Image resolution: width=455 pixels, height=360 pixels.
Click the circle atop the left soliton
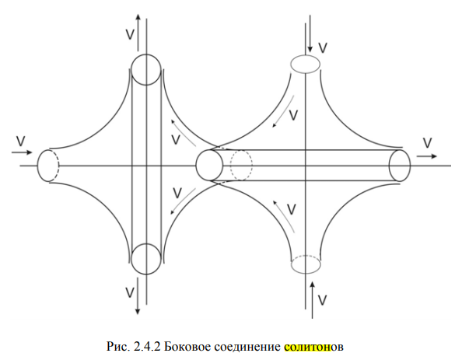tap(146, 55)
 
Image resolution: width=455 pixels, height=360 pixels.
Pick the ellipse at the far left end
tap(38, 166)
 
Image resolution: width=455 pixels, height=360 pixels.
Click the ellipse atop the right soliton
tap(306, 55)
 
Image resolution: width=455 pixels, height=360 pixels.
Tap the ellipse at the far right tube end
tap(389, 166)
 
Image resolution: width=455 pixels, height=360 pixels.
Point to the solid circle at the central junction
tap(197, 166)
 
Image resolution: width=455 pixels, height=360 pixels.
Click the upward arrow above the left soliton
tap(138, 32)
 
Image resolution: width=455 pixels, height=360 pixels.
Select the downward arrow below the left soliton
tap(138, 296)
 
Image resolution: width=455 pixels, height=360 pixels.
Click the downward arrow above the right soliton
tap(310, 33)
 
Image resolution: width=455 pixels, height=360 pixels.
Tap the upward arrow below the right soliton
tap(312, 300)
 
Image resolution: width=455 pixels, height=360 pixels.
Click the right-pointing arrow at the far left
tap(22, 152)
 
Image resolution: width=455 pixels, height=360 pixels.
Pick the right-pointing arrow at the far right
tap(427, 156)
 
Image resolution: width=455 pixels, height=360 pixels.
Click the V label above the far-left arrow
tap(21, 141)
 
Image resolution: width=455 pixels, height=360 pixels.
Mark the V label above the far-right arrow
tap(428, 143)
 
